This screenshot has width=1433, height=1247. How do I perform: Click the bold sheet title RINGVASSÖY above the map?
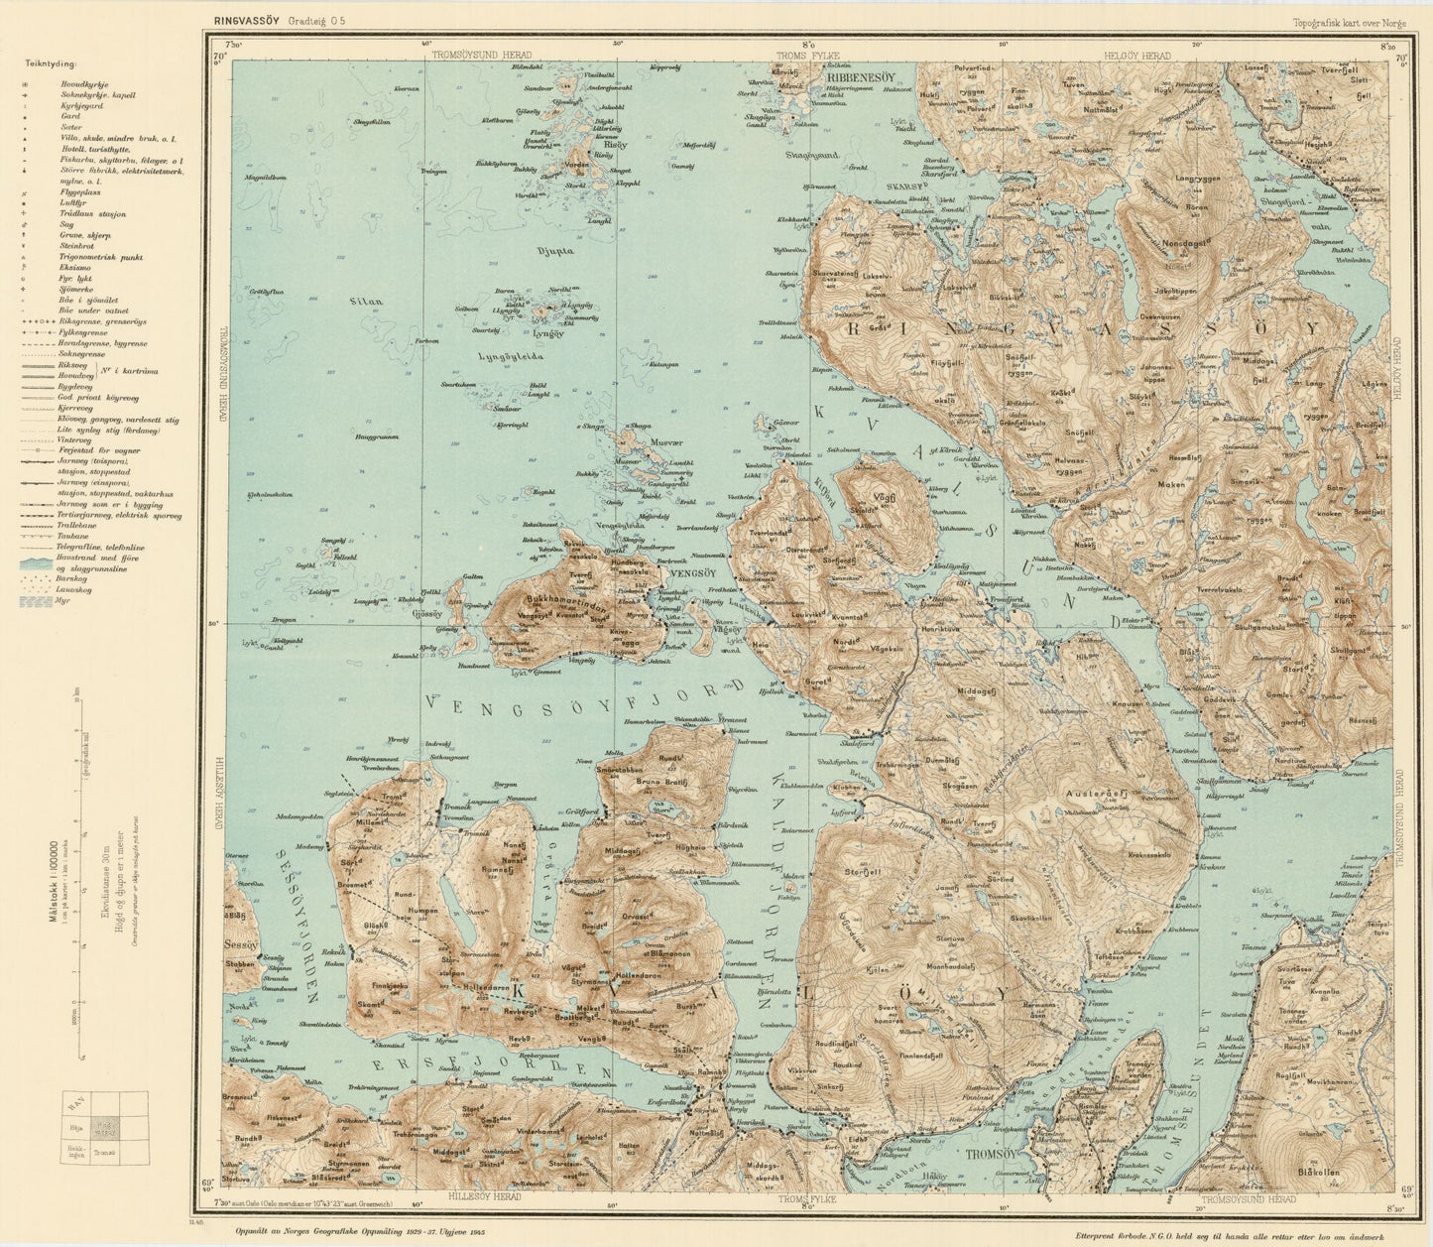tap(240, 20)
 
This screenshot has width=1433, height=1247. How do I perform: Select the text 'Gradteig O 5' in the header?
tap(317, 20)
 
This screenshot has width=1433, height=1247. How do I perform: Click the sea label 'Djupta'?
tap(554, 251)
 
